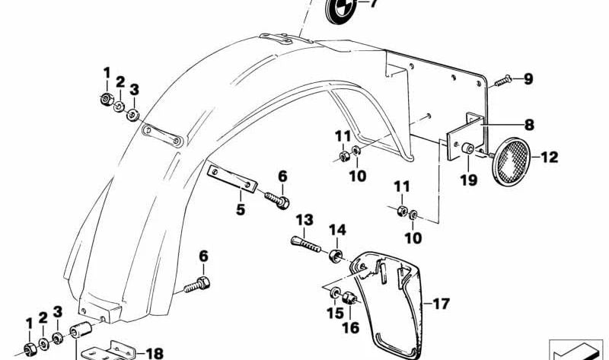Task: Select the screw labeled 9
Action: [503, 81]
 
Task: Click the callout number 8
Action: [529, 125]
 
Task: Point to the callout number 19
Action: [468, 180]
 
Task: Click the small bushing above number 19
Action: [467, 148]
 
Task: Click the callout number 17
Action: [442, 304]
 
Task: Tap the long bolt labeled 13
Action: [306, 244]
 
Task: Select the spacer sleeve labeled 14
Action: [336, 256]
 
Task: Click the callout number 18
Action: [155, 353]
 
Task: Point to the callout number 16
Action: [350, 328]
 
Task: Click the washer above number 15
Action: [334, 293]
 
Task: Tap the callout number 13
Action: [304, 220]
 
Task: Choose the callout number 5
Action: [241, 210]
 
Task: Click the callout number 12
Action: [549, 158]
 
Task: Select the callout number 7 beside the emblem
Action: [373, 4]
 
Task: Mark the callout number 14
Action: [337, 230]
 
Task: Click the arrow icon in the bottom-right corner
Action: [576, 349]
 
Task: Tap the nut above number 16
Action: [349, 298]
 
